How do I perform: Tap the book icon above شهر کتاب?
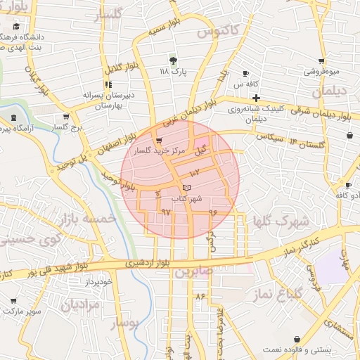tap(186, 188)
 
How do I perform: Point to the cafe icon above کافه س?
tap(245, 74)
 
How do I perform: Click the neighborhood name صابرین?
tap(194, 271)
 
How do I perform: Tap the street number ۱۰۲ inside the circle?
tap(195, 172)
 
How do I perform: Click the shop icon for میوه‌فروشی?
tap(321, 61)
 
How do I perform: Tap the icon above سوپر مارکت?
tap(13, 300)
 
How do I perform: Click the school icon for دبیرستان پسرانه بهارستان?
tap(108, 84)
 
